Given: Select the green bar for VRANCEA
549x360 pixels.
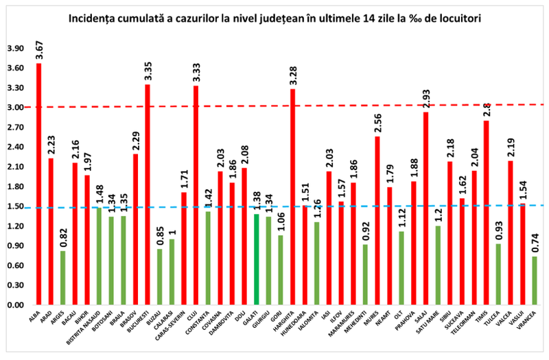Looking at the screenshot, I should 535,280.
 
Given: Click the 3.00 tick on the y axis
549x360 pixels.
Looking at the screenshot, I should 14,108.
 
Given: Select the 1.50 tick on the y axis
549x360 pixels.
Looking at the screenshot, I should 14,206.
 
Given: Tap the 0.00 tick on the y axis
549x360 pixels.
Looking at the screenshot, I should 14,305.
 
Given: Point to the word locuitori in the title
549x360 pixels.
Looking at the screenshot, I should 455,19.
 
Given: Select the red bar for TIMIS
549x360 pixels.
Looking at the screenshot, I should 486,213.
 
